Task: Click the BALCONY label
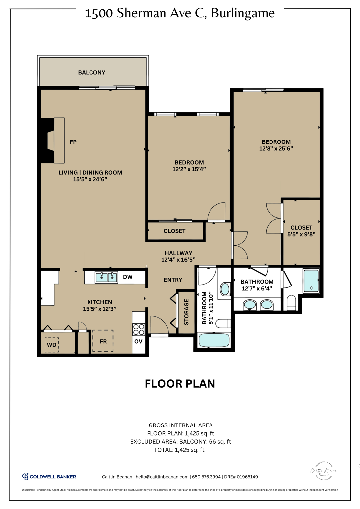pos(91,72)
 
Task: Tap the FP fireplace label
pos(73,142)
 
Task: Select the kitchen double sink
pos(106,277)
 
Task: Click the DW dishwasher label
pos(128,277)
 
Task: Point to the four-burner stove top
pos(139,329)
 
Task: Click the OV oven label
pos(138,342)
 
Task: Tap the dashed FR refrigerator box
pos(103,341)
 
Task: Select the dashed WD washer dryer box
pos(52,345)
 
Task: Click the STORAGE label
pos(186,312)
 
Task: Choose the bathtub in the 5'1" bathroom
pos(214,340)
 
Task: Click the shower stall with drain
pos(311,281)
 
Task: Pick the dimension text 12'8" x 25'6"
pos(276,149)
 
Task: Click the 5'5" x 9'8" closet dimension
pos(301,234)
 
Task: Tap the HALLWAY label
pos(178,253)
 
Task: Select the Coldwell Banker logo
pos(49,477)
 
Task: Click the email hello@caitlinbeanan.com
pos(162,477)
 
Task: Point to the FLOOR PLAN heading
pos(180,384)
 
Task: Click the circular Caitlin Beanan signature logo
pos(324,471)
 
